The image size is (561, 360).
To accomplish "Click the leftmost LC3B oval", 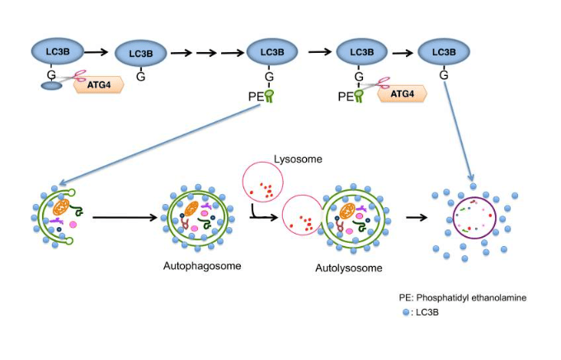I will (58, 51).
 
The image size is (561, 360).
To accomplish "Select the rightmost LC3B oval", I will (444, 52).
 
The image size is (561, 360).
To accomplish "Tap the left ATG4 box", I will (99, 83).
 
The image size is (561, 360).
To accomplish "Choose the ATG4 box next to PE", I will (402, 93).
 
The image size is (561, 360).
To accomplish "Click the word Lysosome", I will (298, 159).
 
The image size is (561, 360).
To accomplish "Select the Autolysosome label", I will (348, 268).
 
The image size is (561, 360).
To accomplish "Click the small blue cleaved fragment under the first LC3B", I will (51, 84).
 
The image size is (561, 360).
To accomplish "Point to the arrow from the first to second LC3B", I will (98, 51).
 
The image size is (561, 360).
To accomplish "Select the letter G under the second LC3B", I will (141, 77).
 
